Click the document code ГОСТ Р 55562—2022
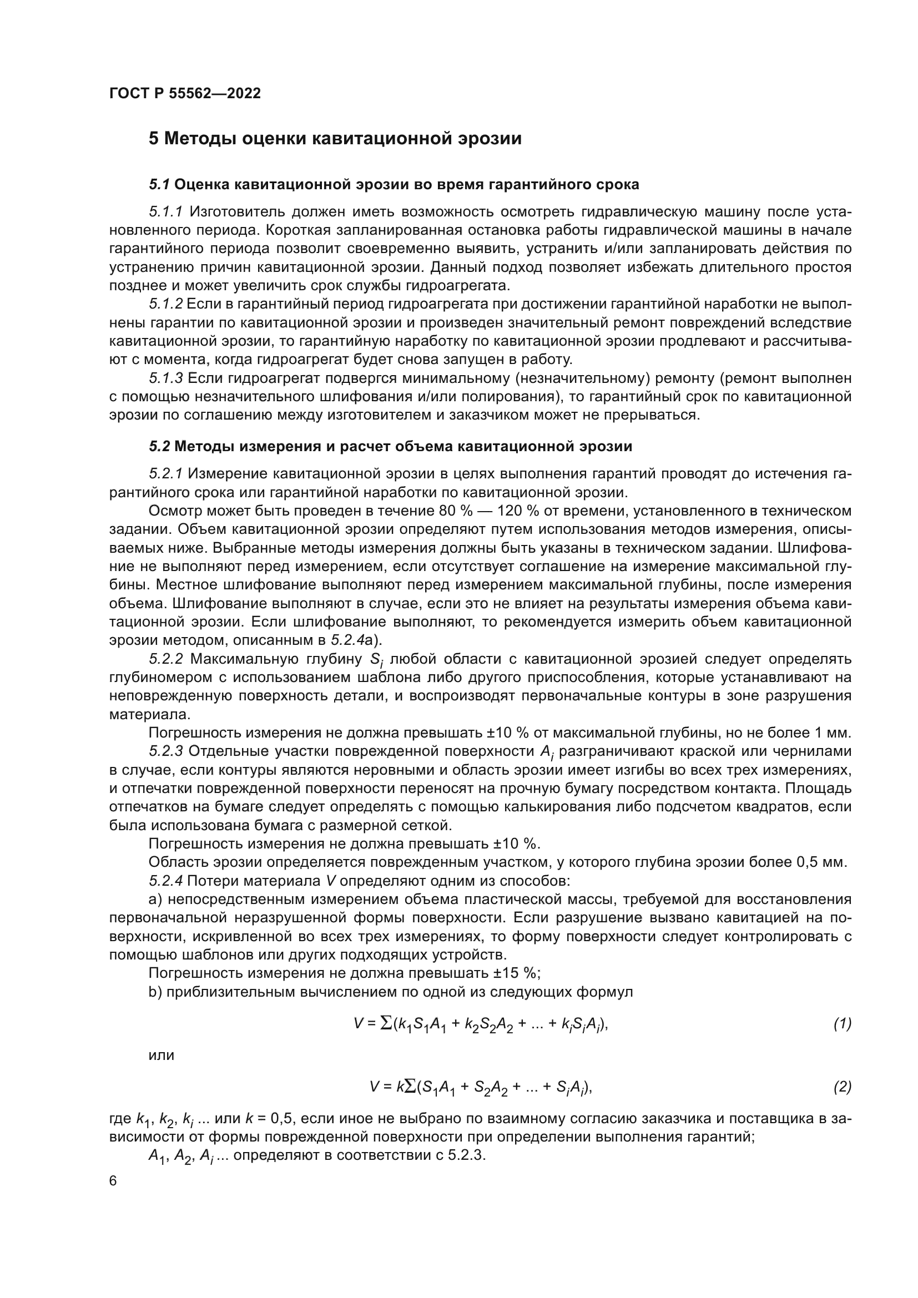point(185,93)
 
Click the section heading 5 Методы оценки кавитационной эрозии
point(335,139)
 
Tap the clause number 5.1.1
point(165,211)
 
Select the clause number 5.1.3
point(165,378)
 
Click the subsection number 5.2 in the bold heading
point(159,446)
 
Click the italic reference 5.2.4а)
point(357,640)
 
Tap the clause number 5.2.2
point(165,659)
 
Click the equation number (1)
point(843,1023)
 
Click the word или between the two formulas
point(161,1055)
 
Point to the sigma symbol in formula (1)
point(387,1023)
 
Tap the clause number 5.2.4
point(165,881)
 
